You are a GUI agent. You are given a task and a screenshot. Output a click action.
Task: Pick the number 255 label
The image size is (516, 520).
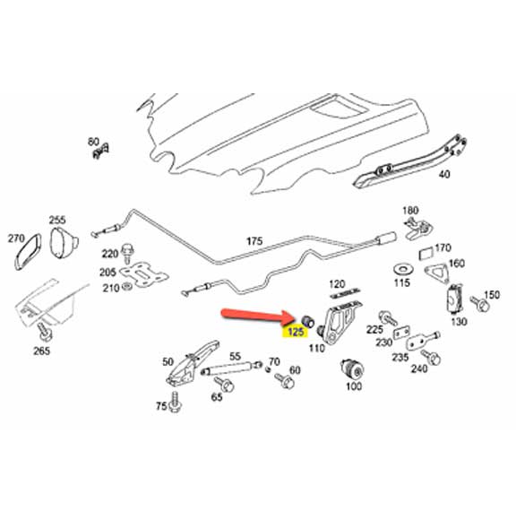point(57,220)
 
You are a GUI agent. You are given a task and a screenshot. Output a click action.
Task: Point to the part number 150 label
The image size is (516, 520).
point(491,295)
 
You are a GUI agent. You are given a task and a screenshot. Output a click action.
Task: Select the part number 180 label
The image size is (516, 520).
point(410,211)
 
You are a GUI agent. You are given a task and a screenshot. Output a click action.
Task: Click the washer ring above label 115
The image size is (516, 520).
point(400,268)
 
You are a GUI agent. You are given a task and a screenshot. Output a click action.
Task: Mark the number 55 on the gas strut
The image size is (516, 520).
point(236,357)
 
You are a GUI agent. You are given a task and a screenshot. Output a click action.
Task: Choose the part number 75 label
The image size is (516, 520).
point(161,406)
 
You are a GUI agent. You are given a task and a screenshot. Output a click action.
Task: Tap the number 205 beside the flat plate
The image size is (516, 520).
point(107,273)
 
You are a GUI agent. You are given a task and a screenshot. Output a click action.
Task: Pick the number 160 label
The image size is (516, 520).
point(457,264)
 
